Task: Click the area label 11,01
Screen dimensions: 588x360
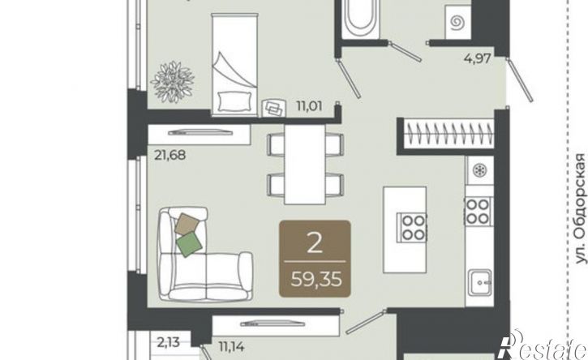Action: [x=309, y=106]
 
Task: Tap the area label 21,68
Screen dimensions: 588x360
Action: [x=170, y=155]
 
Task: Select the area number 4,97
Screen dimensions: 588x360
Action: [x=478, y=58]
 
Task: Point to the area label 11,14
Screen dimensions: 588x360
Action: [x=231, y=346]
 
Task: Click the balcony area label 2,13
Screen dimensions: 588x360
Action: [x=169, y=342]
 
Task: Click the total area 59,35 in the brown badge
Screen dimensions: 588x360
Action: [x=316, y=279]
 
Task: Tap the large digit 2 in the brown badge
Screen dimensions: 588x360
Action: [x=315, y=242]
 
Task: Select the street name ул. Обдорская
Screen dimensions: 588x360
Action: [x=581, y=208]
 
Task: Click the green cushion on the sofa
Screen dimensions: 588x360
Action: [x=189, y=244]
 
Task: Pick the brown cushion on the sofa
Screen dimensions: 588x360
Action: [x=187, y=224]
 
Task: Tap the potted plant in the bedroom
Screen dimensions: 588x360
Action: [x=173, y=82]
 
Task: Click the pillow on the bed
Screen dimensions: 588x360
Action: [x=234, y=101]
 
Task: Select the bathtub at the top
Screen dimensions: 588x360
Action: [x=361, y=19]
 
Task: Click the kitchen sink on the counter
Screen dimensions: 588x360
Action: [x=480, y=277]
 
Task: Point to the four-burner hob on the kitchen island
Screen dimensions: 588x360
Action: [x=414, y=226]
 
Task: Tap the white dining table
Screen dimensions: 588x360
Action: [x=304, y=165]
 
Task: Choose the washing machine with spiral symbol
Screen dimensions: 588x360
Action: [x=457, y=23]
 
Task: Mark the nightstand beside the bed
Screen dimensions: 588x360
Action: [x=273, y=108]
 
